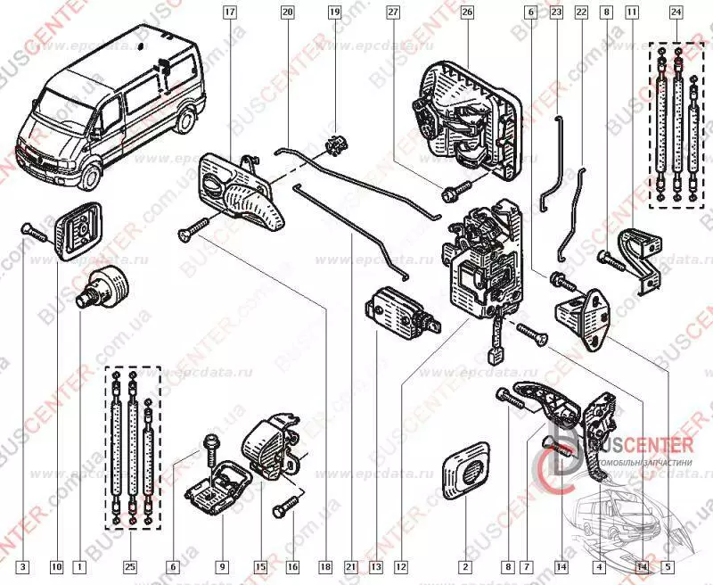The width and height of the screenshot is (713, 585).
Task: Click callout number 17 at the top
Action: (229, 12)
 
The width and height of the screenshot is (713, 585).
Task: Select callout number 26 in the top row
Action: (466, 12)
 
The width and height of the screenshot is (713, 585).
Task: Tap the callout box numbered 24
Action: (675, 12)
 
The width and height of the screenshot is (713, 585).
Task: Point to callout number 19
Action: (334, 12)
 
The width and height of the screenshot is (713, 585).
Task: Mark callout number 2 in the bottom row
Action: (464, 564)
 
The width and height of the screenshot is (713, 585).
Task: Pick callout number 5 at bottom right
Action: (668, 564)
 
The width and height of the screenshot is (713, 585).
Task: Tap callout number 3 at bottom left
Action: (24, 564)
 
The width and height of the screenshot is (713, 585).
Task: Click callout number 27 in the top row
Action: (393, 12)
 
